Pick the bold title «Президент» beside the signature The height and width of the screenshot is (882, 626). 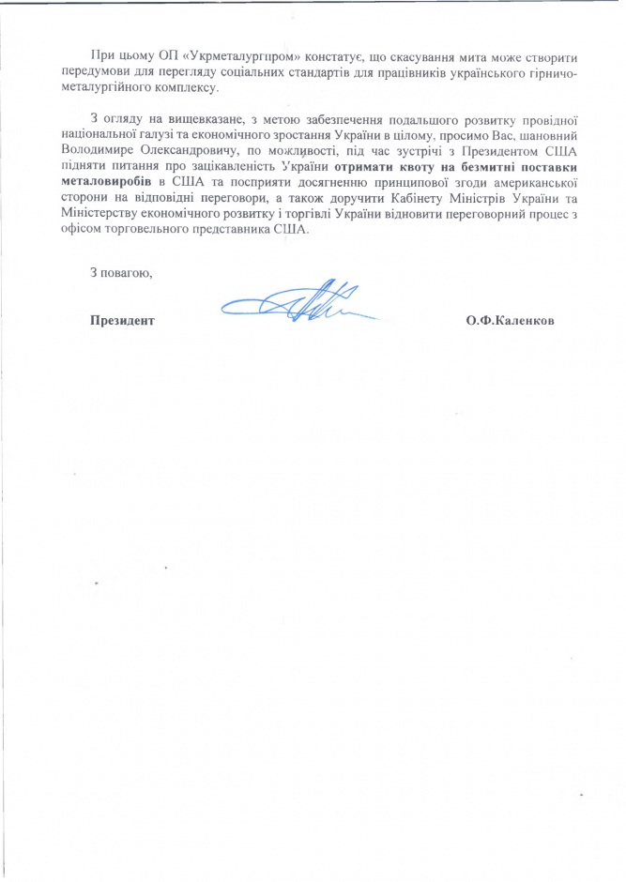pyautogui.click(x=121, y=321)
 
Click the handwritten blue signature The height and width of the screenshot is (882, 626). pyautogui.click(x=300, y=302)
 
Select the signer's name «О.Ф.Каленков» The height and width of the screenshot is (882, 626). pyautogui.click(x=509, y=321)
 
